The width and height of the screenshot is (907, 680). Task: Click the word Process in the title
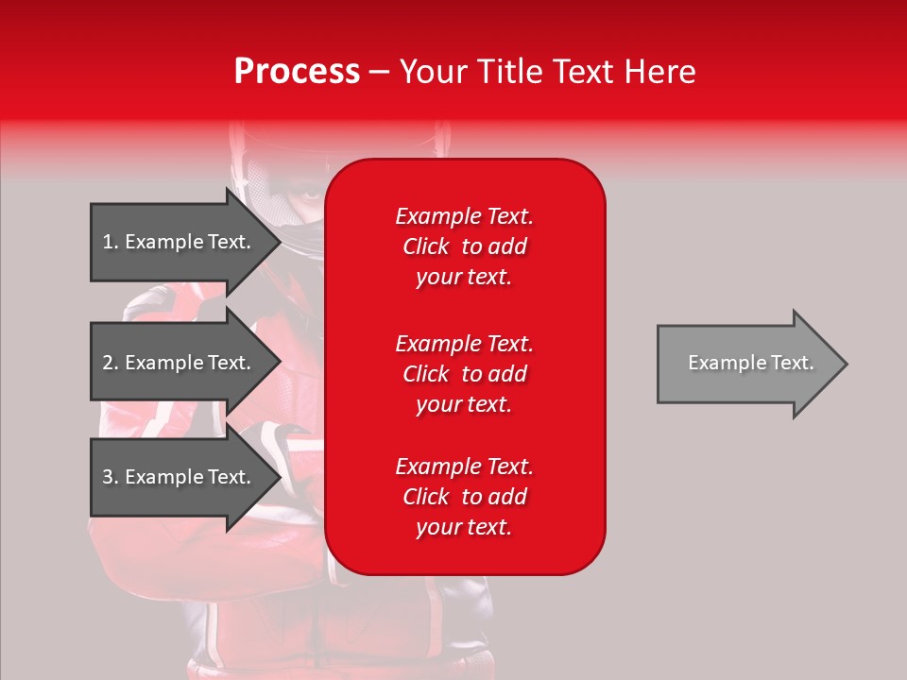(297, 72)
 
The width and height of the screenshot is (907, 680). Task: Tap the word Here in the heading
(660, 72)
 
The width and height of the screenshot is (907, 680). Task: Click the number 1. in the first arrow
(111, 242)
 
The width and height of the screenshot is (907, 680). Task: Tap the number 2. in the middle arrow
(111, 363)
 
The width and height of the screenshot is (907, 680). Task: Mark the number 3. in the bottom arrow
(111, 477)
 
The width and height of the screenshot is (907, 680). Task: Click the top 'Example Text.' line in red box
(464, 216)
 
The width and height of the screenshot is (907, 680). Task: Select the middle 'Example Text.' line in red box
(464, 343)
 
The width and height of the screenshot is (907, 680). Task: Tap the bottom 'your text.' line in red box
(464, 528)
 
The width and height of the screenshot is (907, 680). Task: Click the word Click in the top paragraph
(425, 246)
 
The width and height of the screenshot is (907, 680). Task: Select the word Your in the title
(431, 72)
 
